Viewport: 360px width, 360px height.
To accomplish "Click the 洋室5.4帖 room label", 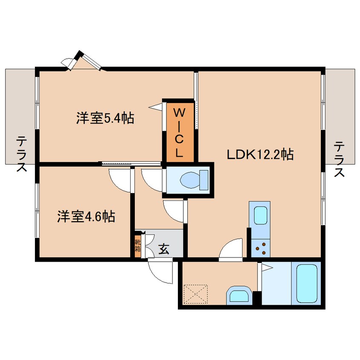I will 106,118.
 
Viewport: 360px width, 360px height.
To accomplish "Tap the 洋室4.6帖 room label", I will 86,217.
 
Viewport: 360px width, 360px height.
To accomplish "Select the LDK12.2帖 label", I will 260,154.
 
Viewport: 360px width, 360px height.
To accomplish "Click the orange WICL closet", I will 180,132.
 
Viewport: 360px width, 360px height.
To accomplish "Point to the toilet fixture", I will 194,180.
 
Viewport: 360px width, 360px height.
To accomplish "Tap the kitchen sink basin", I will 260,216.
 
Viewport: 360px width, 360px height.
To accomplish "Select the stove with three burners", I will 260,248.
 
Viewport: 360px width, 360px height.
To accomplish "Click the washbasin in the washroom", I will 240,295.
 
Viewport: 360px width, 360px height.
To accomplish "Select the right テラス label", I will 339,159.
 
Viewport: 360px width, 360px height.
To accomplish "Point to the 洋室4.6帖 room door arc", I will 119,180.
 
